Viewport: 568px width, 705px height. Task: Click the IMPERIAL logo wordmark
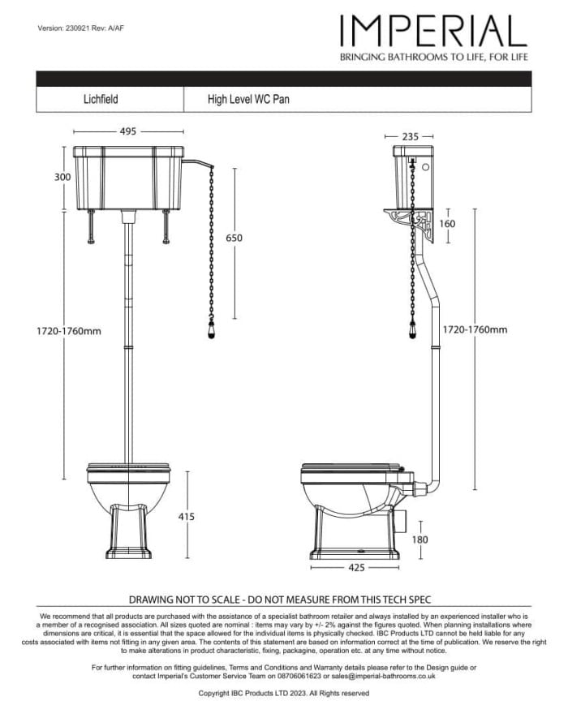[433, 31]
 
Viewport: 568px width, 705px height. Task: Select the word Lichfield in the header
[101, 100]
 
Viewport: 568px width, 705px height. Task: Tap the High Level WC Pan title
[248, 100]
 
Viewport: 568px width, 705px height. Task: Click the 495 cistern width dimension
[127, 131]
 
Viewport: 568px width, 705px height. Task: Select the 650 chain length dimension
[234, 238]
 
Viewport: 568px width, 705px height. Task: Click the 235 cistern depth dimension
[411, 137]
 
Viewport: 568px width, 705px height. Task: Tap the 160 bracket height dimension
[447, 224]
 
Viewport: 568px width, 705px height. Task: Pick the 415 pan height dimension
[186, 516]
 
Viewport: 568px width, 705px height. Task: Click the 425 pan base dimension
[355, 568]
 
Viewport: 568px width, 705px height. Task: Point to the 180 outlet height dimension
[420, 539]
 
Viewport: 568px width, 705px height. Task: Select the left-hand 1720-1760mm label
[68, 330]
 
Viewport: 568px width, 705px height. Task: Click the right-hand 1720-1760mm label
[475, 329]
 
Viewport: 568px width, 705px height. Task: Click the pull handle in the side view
[412, 331]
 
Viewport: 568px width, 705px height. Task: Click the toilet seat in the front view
[129, 467]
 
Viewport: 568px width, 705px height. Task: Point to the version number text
[80, 28]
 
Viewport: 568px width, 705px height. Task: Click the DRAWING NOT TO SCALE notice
[280, 600]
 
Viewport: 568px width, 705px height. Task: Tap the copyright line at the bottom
[284, 694]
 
